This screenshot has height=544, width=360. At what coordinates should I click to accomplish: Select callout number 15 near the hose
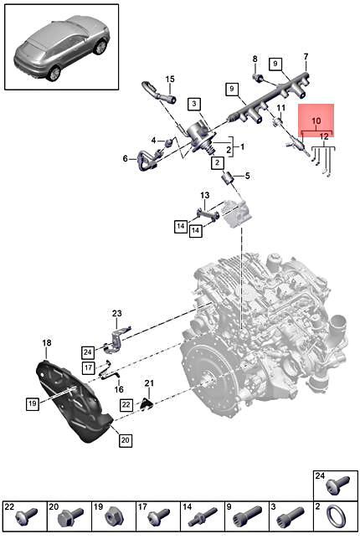[169, 80]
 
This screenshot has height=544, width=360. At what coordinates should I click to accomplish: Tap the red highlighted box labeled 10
[316, 120]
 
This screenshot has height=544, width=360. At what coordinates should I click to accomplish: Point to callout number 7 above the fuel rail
[306, 56]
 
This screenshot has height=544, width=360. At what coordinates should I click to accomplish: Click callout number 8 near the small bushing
[255, 58]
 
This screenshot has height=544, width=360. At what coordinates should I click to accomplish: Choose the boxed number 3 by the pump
[193, 104]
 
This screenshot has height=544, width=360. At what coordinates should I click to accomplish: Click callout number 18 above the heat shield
[47, 343]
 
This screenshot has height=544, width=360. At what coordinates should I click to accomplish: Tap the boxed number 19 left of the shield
[32, 403]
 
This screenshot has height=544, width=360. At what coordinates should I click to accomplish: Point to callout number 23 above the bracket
[116, 313]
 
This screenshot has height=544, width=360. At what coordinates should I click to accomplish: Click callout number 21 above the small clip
[149, 383]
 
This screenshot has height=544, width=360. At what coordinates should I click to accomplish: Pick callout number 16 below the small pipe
[119, 389]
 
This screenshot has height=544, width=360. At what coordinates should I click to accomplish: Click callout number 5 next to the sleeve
[246, 175]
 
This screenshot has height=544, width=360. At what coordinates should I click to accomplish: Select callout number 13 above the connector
[203, 195]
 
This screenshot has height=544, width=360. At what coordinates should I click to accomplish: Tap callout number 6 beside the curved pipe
[126, 158]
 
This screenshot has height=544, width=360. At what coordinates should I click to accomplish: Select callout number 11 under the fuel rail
[281, 108]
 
